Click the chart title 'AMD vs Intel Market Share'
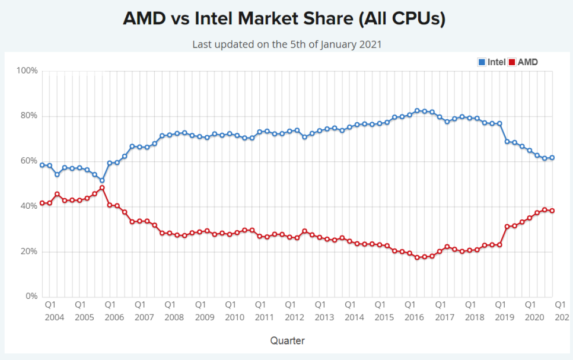284,20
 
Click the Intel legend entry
492,62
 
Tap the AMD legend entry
523,62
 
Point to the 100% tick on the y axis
27,71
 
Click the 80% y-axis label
29,116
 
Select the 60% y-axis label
29,161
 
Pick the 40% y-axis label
29,206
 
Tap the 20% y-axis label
29,251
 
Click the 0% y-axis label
31,297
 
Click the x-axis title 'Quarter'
288,340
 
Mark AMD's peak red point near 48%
102,188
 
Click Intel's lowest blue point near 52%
102,180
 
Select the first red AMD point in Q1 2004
42,203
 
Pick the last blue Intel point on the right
552,158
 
